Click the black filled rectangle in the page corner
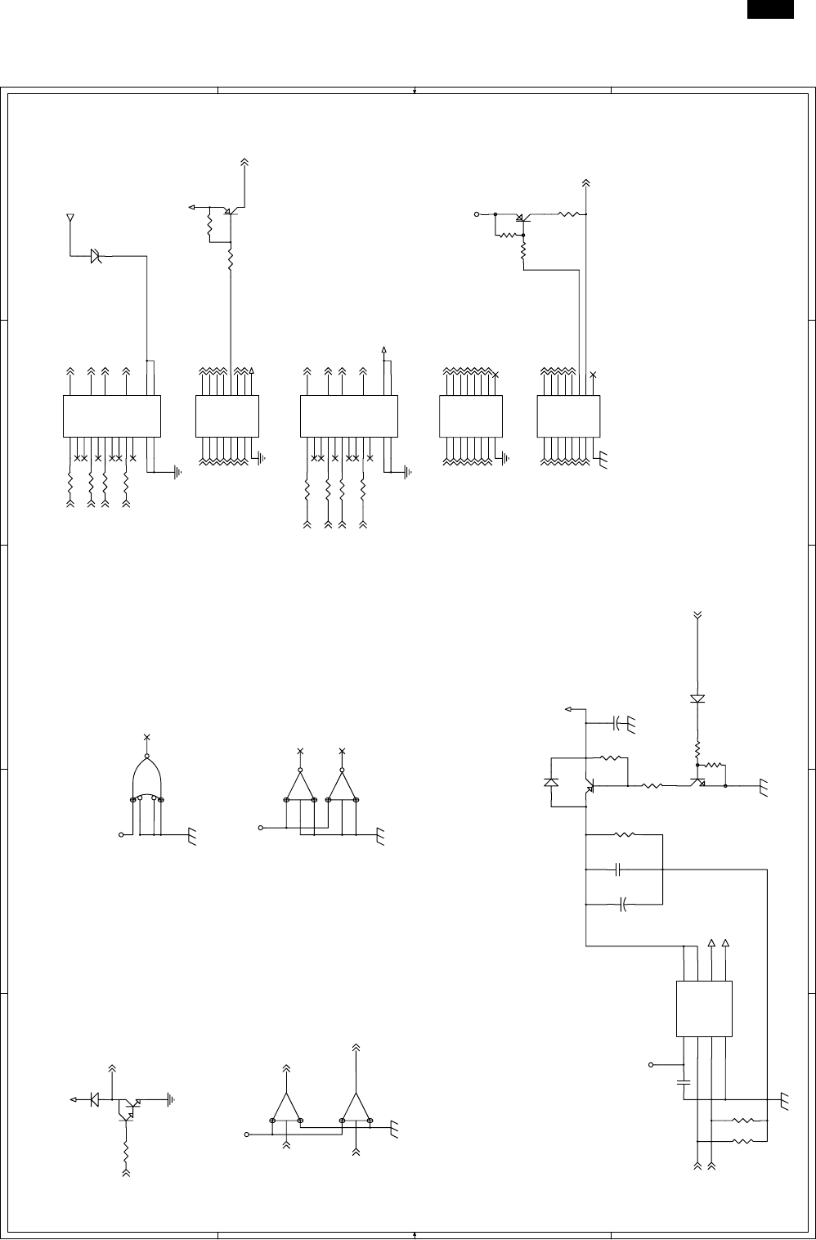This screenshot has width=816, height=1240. coord(770,9)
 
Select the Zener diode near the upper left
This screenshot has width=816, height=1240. coord(96,256)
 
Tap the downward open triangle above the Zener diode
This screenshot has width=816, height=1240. coord(69,218)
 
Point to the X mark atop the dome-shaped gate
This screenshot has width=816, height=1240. coord(147,737)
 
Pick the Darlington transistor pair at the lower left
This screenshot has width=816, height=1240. coord(128,1107)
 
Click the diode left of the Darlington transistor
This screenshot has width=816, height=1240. coord(95,1098)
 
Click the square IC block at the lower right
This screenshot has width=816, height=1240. coord(705,1009)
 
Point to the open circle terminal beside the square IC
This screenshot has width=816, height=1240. coord(651,1065)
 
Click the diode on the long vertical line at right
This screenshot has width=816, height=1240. coord(697,699)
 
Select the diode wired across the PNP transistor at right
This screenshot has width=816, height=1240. coord(551,783)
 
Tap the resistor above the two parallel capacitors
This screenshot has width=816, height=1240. coord(624,835)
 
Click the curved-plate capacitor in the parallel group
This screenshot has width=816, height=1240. coord(623,905)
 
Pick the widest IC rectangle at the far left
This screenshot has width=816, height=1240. coord(112,416)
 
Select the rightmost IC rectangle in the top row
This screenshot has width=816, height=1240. coord(568,416)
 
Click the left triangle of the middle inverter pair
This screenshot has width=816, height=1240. coord(300,786)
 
